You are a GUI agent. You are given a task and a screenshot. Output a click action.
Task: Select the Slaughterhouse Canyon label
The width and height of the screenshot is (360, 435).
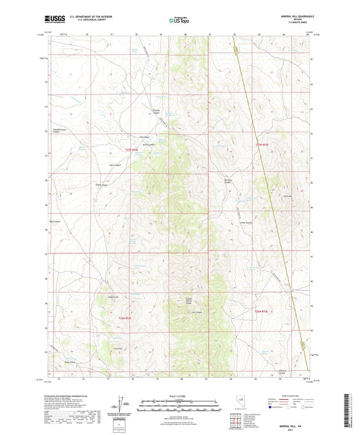61,131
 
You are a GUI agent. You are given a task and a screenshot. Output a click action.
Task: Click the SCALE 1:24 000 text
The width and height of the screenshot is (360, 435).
180,395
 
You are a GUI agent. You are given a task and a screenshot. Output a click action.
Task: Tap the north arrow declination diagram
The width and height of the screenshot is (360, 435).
122,407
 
